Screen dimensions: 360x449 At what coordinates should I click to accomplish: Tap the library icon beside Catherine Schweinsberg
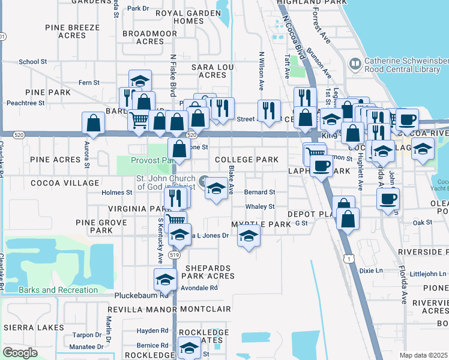[x=355, y=63]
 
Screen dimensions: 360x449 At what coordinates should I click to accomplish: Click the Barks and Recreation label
[x=58, y=290]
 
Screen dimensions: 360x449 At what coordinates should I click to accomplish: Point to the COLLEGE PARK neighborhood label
[x=247, y=160]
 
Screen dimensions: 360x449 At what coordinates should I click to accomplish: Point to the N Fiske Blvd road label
[x=173, y=75]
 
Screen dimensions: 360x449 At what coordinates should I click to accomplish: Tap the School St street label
[x=33, y=62]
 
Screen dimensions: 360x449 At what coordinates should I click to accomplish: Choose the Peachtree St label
[x=25, y=103]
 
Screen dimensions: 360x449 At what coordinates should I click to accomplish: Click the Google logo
[x=20, y=353]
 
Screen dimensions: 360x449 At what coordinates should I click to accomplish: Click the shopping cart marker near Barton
[x=139, y=120]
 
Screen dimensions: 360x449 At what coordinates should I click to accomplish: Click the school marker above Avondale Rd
[x=165, y=279]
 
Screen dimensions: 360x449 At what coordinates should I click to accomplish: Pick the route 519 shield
[x=174, y=254]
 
